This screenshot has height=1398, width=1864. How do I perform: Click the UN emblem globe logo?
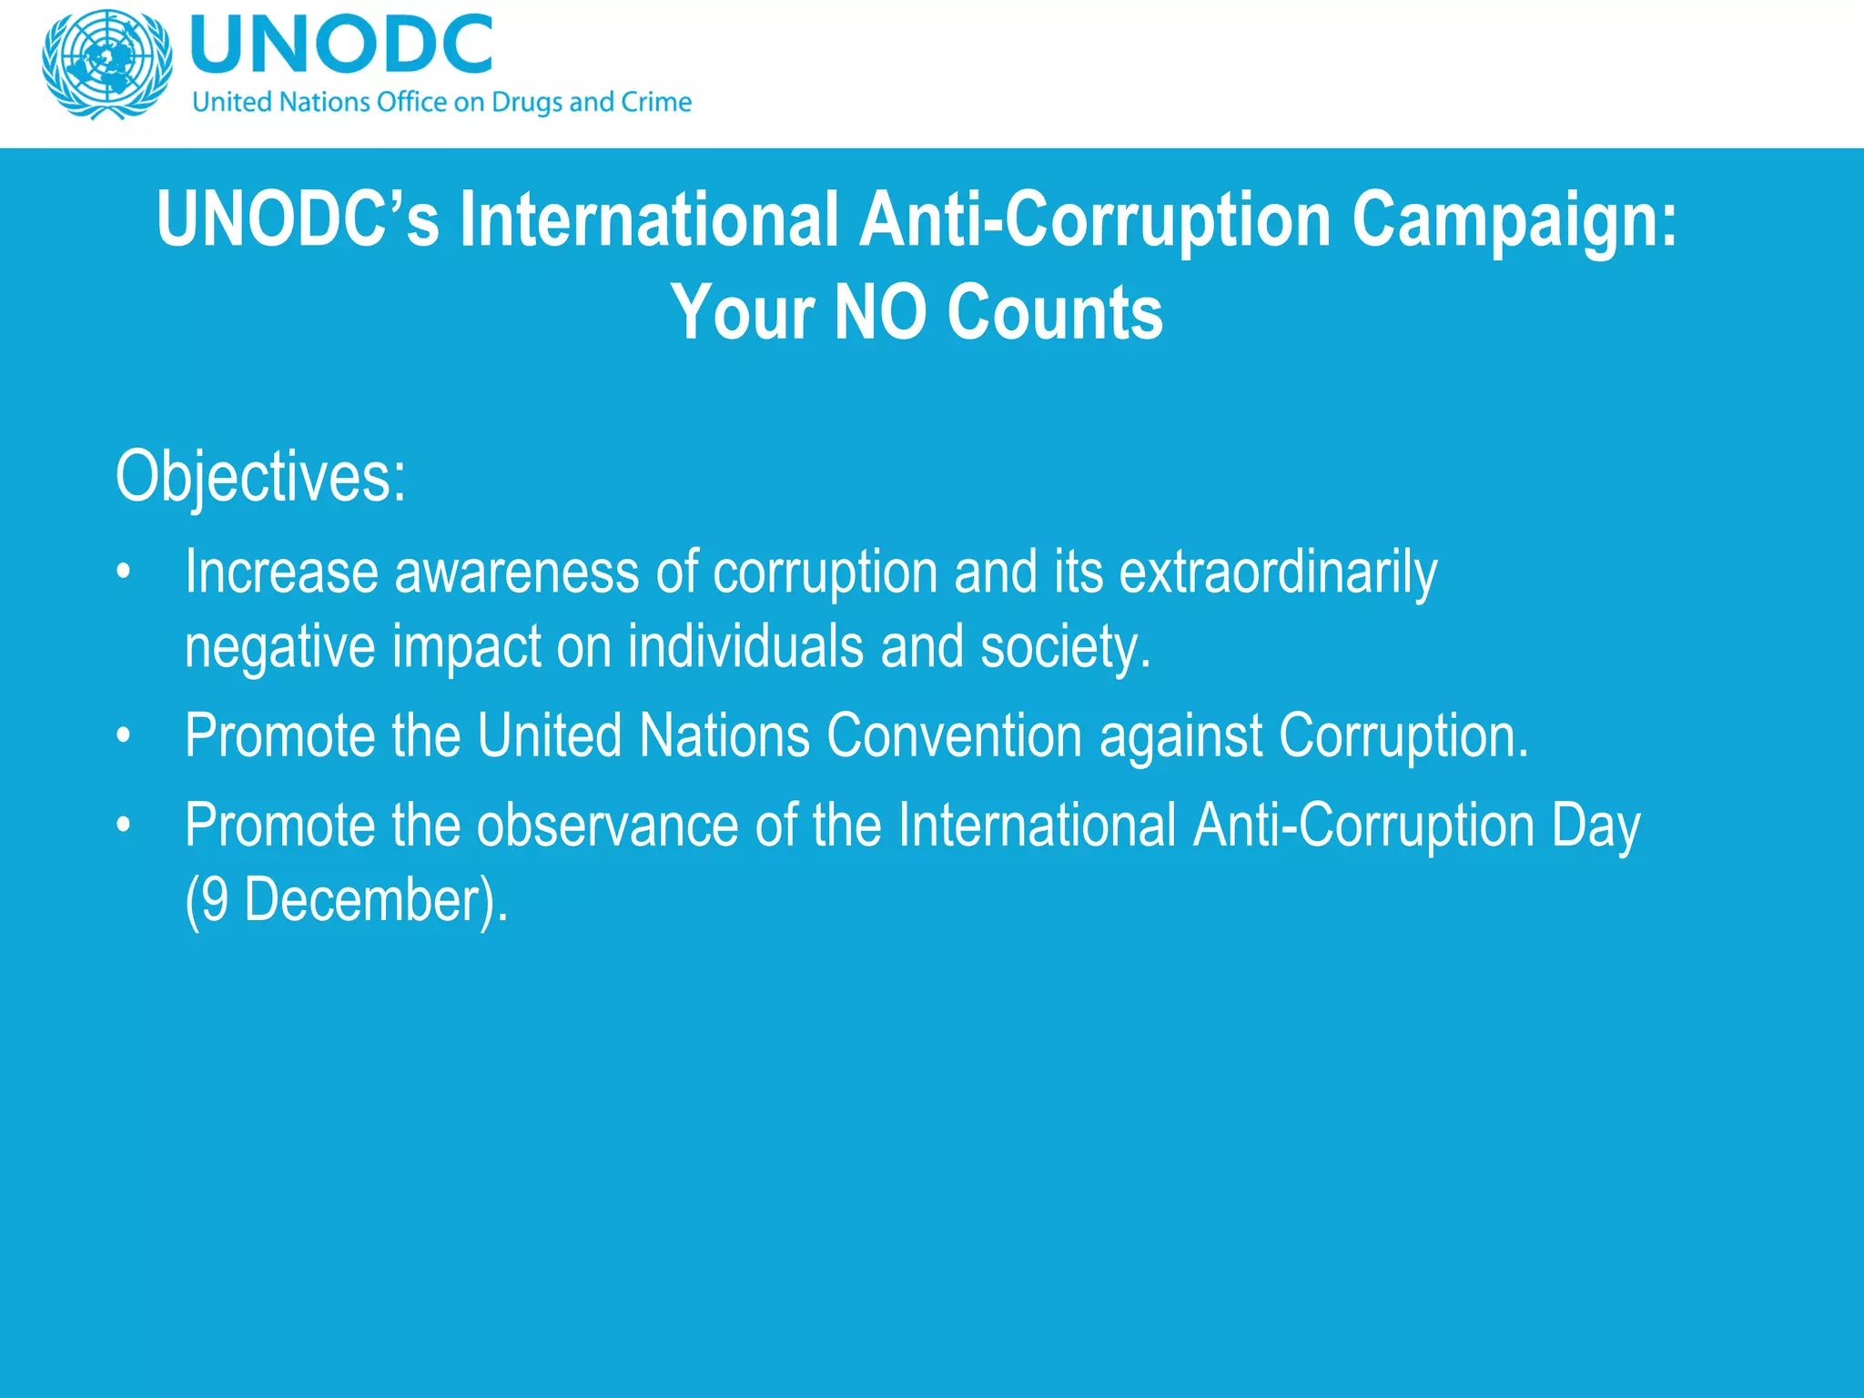pos(107,65)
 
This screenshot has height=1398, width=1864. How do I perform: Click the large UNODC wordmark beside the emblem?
pos(342,45)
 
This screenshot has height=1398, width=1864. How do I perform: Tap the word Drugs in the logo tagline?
pos(527,103)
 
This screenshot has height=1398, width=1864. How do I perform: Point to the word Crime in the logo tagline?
pos(656,102)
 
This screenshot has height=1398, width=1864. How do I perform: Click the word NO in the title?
pos(880,312)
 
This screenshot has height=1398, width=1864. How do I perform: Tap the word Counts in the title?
pos(1055,312)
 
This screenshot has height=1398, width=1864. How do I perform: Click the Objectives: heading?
pos(260,477)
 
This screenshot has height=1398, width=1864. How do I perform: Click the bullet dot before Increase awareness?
pos(124,572)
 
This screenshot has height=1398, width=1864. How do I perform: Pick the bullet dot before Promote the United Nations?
pos(124,734)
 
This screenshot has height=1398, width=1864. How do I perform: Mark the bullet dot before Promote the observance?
pos(124,825)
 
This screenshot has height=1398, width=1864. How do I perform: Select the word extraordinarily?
pos(1278,573)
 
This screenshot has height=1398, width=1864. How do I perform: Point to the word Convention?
pos(954,735)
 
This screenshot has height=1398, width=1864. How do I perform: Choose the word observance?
pos(607,826)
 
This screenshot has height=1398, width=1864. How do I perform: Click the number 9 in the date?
pos(214,900)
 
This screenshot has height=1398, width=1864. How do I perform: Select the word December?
pos(362,900)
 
